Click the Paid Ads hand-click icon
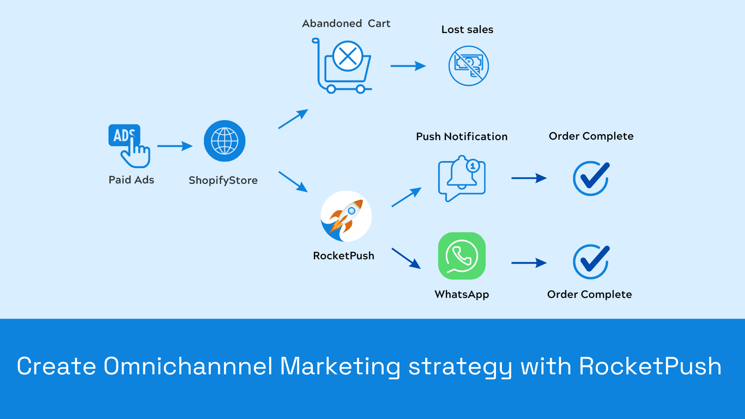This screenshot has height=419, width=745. click(129, 145)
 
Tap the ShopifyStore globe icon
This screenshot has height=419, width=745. click(224, 141)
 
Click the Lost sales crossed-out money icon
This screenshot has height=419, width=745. click(468, 66)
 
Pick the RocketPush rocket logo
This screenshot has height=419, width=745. click(346, 216)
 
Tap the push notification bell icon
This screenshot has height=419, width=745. click(462, 178)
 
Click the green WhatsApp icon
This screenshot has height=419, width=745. click(462, 256)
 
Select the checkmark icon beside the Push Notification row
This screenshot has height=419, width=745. click(591, 178)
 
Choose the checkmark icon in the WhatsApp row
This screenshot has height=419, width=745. click(591, 262)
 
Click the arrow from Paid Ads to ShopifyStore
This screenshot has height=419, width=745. click(175, 146)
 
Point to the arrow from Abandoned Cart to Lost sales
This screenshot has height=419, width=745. click(408, 66)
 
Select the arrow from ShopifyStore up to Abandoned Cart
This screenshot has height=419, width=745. click(293, 119)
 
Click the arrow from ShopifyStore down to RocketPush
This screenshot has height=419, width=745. click(293, 182)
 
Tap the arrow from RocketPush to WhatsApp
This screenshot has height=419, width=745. click(406, 258)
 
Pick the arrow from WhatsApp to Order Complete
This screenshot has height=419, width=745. click(529, 263)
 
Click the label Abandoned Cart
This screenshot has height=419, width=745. click(346, 23)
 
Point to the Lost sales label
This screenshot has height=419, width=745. click(467, 30)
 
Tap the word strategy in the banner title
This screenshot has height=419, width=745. click(460, 367)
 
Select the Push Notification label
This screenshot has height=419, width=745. click(461, 136)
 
